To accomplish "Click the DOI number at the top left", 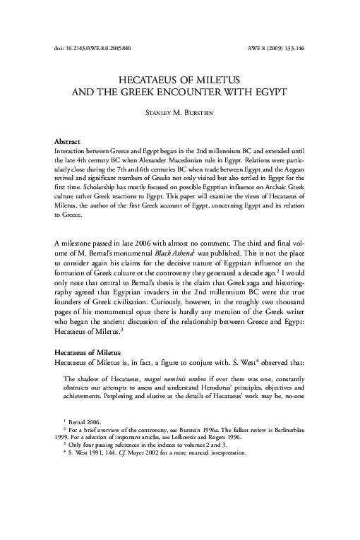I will (x=92, y=48).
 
